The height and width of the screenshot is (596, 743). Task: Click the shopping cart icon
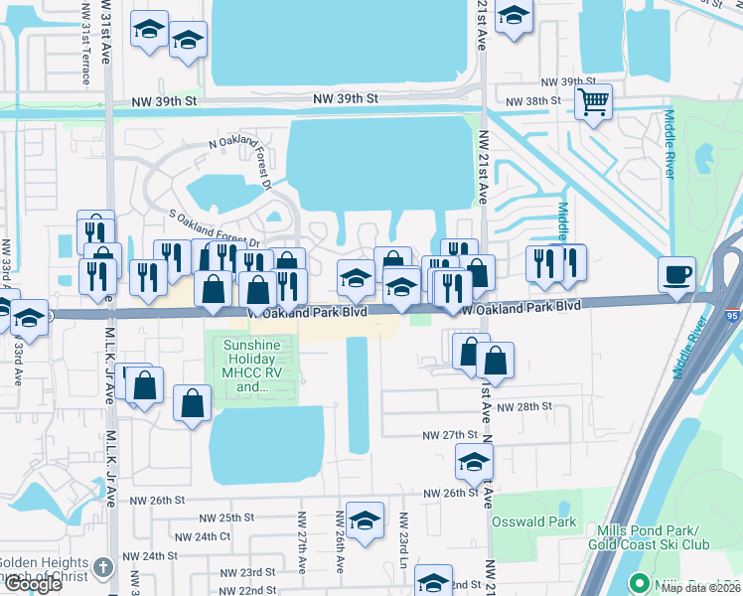(x=593, y=100)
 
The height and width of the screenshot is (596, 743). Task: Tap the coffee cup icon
(x=676, y=274)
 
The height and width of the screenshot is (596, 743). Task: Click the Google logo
(x=33, y=584)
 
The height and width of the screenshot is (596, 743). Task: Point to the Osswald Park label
(x=533, y=521)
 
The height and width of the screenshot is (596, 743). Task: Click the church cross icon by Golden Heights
(x=103, y=569)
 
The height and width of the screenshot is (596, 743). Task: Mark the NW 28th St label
(x=523, y=407)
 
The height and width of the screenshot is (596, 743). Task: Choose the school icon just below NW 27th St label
(x=474, y=461)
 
